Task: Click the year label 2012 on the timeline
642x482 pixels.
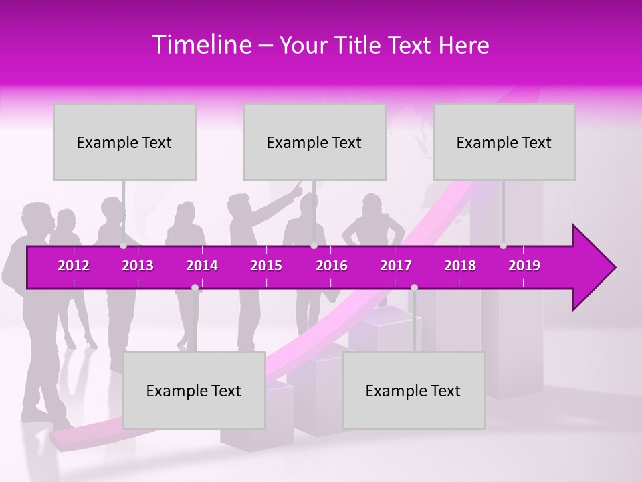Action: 74,266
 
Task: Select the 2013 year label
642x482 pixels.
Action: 138,266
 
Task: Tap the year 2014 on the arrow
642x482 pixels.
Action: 202,266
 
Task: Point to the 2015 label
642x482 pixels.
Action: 266,266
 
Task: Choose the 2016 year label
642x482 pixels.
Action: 332,266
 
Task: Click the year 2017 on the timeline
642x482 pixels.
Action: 396,266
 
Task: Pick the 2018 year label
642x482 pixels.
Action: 460,266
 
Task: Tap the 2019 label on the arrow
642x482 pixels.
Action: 524,266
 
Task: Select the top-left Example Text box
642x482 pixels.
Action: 124,142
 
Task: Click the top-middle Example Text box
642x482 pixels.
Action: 314,142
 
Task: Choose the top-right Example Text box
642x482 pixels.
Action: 504,142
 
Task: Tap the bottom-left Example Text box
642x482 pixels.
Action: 194,390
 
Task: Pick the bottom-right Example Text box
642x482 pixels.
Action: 413,390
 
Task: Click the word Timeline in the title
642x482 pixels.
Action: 201,45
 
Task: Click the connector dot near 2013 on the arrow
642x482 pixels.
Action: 123,246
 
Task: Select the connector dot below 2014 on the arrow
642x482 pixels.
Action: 195,288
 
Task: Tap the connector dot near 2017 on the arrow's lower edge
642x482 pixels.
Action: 414,288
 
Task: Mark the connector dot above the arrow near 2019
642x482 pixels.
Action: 503,246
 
